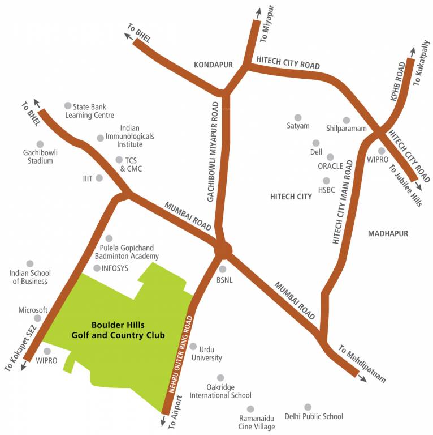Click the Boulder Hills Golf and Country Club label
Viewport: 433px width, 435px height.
click(118, 330)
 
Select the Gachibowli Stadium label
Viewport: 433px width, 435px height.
click(38, 156)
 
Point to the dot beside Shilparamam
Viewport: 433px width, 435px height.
click(347, 120)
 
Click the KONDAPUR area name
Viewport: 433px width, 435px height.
click(213, 65)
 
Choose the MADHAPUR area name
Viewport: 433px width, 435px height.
click(387, 233)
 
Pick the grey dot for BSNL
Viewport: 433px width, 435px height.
click(223, 270)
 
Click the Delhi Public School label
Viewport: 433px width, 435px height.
click(314, 417)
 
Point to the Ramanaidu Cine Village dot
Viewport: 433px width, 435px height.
click(250, 409)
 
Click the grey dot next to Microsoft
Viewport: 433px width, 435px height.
click(38, 318)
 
